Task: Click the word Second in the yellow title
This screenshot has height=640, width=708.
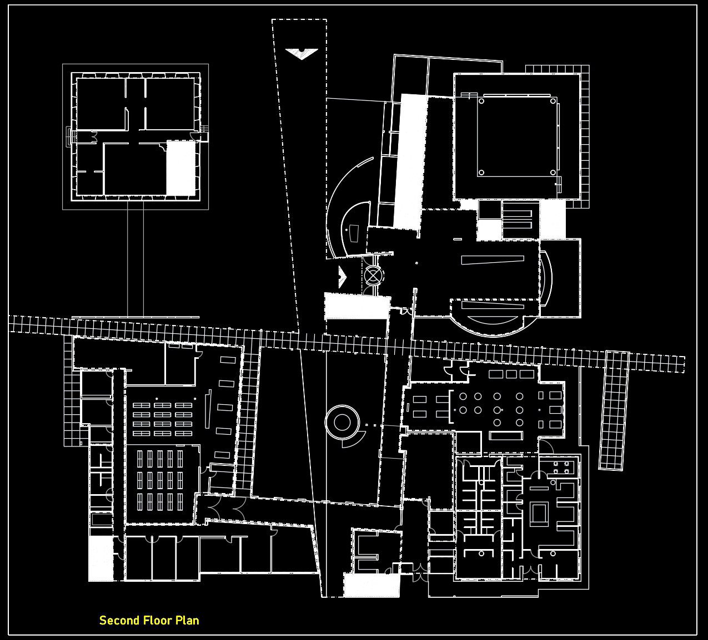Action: click(119, 621)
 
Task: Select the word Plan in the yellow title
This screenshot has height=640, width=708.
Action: click(188, 621)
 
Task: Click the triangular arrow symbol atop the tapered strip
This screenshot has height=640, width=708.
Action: click(302, 53)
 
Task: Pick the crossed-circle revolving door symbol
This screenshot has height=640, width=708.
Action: click(374, 275)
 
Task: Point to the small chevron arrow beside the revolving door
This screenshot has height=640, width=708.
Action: click(342, 276)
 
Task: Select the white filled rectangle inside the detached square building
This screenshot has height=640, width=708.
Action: click(181, 167)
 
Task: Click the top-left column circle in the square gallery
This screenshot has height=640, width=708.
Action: click(481, 101)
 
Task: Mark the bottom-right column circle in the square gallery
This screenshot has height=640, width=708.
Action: click(553, 172)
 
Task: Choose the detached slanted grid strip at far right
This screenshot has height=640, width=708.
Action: click(613, 410)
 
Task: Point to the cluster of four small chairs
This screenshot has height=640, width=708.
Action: click(561, 467)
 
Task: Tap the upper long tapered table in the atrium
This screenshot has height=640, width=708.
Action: click(493, 260)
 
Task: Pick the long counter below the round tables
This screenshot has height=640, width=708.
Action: click(508, 435)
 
